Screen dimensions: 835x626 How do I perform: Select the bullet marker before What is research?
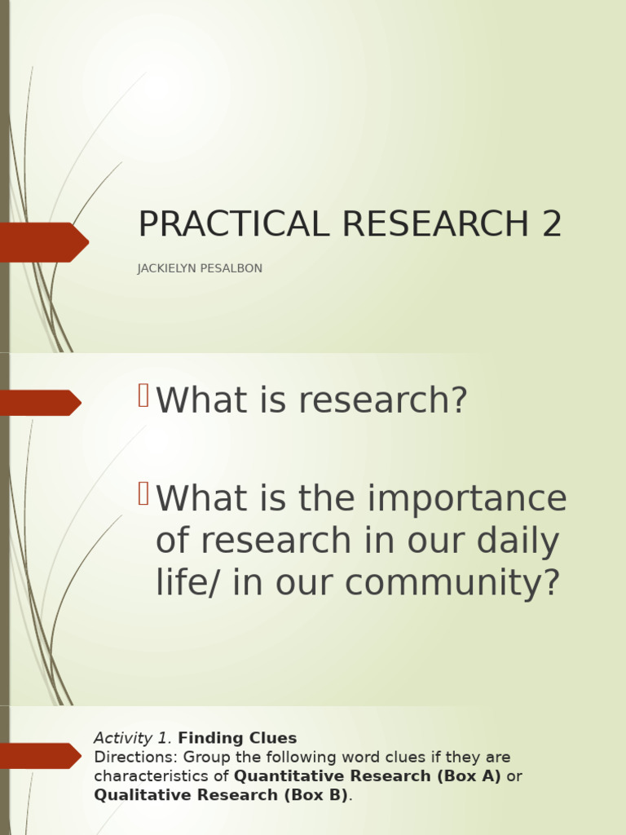(143, 395)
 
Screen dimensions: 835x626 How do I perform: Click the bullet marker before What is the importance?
(143, 493)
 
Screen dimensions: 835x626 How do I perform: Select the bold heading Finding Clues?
(237, 739)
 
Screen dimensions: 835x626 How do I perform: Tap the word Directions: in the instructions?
(131, 758)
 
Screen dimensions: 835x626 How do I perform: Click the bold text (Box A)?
(468, 776)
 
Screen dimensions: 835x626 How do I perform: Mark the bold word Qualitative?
(141, 795)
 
